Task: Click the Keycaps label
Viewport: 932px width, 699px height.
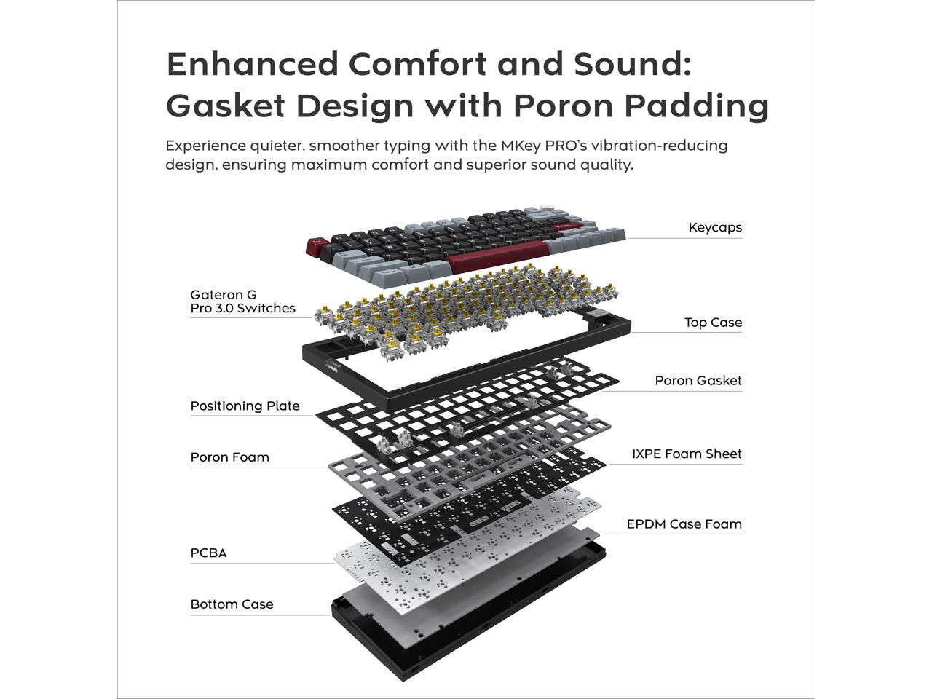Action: point(715,227)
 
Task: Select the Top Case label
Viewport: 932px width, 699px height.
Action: point(713,322)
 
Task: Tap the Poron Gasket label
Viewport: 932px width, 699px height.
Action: point(698,380)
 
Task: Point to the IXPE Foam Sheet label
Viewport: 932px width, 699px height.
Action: point(686,454)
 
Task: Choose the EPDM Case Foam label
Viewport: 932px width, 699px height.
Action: point(684,524)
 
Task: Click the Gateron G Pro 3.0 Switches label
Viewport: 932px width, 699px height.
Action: point(242,301)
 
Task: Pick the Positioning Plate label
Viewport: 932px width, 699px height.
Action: point(245,406)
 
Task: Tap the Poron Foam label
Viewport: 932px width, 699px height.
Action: point(229,457)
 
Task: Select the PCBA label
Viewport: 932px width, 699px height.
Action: point(208,553)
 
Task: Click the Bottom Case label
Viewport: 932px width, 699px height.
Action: point(232,604)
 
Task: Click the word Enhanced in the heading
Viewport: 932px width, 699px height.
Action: point(252,64)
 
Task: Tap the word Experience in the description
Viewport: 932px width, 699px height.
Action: point(205,146)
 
